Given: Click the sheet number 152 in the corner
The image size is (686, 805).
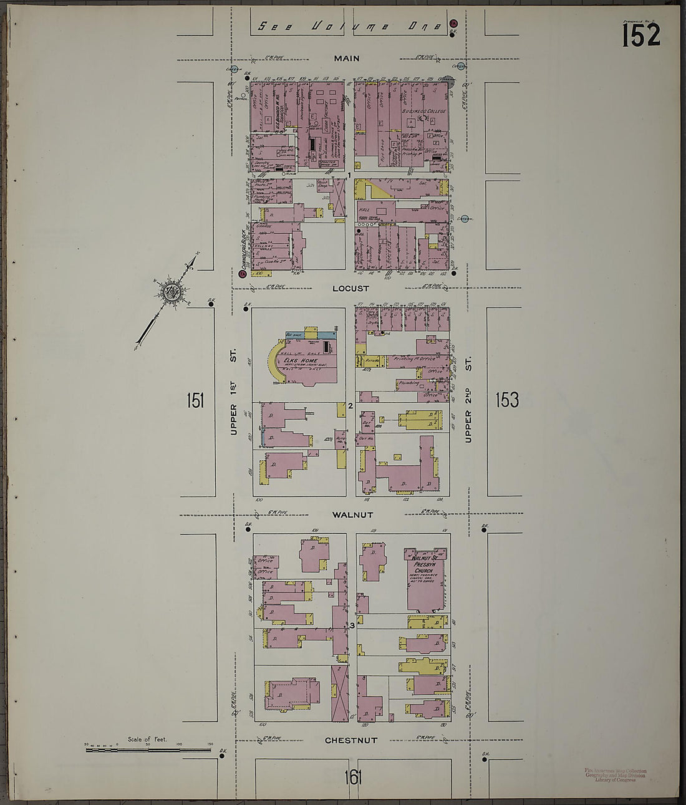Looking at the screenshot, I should coord(640,35).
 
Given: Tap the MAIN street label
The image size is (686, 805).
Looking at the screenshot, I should coord(347,59).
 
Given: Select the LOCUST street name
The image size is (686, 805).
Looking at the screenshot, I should coord(350,289).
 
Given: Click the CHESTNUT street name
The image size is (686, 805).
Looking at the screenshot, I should coord(350,741).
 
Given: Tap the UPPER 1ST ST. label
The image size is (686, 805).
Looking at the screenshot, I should coord(234,392).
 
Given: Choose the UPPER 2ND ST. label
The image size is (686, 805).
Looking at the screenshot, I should coord(468,400).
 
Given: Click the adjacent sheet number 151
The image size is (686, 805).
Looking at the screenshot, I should coord(195,400).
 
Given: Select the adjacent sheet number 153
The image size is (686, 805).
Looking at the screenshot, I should coord(507,400).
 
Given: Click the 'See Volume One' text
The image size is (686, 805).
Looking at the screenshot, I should coord(349,26).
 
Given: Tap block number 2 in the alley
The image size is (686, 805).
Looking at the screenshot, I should coord(350,407).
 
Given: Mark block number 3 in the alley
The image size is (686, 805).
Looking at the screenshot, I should coord(352,625).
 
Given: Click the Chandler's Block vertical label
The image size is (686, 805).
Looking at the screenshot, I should coord(240,246).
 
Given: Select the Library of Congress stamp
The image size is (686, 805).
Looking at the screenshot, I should coord(615,775).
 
